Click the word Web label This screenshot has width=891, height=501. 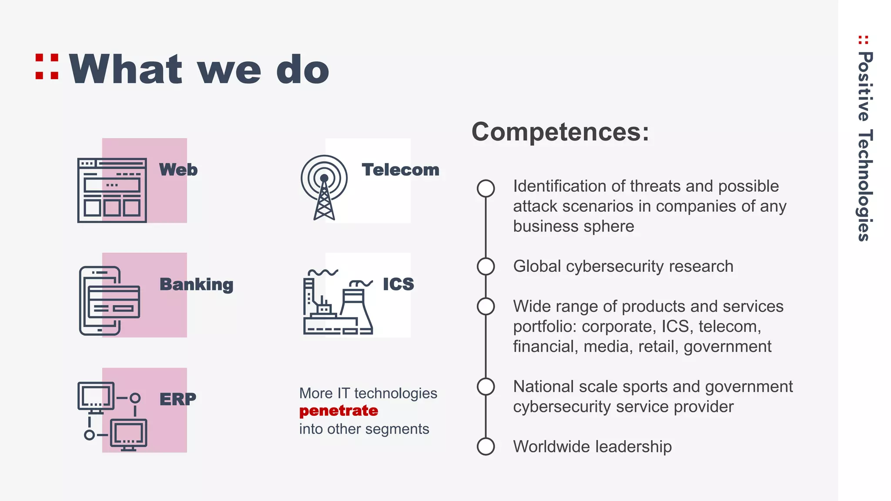pyautogui.click(x=178, y=170)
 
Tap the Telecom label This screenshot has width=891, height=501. pyautogui.click(x=400, y=170)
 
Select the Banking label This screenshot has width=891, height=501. pyautogui.click(x=196, y=284)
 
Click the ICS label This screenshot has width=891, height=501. pyautogui.click(x=398, y=284)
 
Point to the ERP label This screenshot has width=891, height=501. pyautogui.click(x=178, y=399)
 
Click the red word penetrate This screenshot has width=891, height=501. pyautogui.click(x=338, y=411)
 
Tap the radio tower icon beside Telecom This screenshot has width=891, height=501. pyautogui.click(x=324, y=187)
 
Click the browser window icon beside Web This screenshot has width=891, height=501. pyautogui.click(x=112, y=190)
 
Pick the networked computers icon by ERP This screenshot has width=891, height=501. pyautogui.click(x=112, y=416)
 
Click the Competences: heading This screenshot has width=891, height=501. pyautogui.click(x=560, y=131)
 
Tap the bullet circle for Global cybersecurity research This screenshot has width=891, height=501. pyautogui.click(x=486, y=266)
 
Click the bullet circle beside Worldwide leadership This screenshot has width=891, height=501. pyautogui.click(x=486, y=446)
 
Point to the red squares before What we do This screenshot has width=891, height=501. pyautogui.click(x=47, y=67)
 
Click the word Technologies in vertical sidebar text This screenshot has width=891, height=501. pyautogui.click(x=865, y=185)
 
